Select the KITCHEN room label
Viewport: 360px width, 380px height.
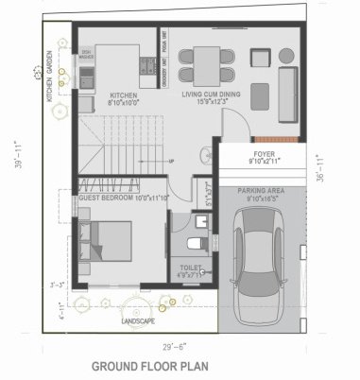124,95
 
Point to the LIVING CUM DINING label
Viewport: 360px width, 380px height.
210,95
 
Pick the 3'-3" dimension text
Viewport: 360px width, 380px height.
57,283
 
